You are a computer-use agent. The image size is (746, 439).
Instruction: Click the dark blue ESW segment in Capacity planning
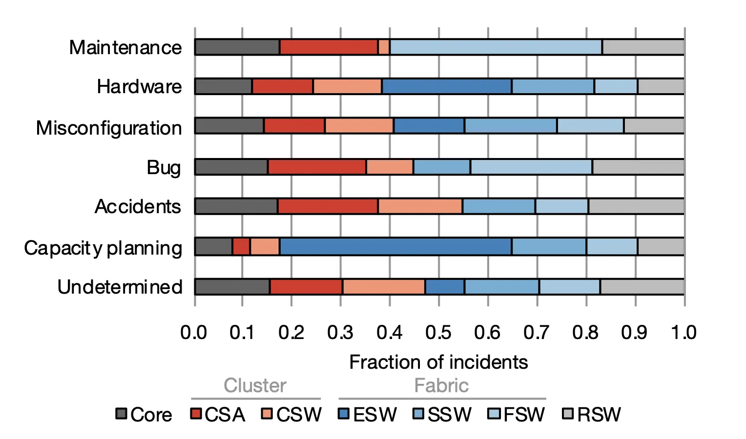395,246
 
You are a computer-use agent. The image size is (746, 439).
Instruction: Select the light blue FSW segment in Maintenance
496,47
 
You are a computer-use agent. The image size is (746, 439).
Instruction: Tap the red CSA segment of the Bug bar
317,167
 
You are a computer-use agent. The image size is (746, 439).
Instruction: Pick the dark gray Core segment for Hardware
224,86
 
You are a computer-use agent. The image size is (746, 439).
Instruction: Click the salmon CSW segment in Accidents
420,206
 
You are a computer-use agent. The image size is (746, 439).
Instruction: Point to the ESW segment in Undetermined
444,287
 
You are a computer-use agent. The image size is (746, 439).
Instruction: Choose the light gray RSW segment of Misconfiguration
654,125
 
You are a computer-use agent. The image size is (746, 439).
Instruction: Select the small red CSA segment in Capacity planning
241,246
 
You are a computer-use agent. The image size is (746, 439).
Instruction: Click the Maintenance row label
125,48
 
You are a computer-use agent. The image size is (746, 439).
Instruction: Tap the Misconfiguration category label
109,128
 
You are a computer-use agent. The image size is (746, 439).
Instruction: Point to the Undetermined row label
120,287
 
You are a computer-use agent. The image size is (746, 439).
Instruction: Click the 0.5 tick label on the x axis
438,333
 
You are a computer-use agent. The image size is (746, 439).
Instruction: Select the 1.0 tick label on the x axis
684,333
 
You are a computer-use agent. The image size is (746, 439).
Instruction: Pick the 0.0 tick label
194,333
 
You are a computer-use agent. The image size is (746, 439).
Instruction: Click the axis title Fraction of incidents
438,362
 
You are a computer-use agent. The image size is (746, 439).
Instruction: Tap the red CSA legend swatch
196,414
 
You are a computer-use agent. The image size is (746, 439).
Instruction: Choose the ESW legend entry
368,415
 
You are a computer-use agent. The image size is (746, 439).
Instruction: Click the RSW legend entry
592,415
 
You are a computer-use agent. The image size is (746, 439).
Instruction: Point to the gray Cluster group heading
255,385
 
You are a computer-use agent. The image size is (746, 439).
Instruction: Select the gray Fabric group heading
441,385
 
